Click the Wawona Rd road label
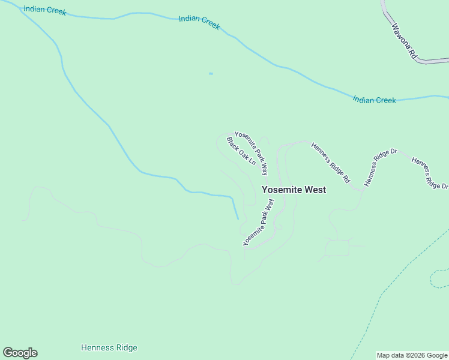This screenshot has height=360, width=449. [x=404, y=40]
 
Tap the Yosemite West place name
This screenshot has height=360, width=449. [x=294, y=190]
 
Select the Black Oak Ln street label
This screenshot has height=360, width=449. [x=241, y=151]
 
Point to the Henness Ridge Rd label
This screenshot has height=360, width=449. [x=331, y=162]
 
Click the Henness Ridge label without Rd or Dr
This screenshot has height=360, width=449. [x=109, y=348]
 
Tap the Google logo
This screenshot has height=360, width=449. [x=20, y=353]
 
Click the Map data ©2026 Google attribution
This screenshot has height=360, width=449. [x=412, y=355]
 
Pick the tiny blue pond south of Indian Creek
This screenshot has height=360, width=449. [x=211, y=74]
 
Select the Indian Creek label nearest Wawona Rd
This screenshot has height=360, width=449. [x=375, y=100]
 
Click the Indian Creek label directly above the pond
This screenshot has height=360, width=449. [x=199, y=22]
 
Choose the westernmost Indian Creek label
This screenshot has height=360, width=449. [x=45, y=11]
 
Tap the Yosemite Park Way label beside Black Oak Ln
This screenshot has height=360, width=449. [x=251, y=153]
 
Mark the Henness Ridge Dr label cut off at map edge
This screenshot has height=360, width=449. [x=430, y=172]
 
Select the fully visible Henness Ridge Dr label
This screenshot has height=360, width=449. [x=381, y=167]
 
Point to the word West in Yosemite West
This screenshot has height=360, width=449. [x=316, y=190]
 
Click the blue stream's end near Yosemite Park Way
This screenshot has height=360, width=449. [x=238, y=218]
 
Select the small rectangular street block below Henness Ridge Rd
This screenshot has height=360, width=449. [x=337, y=248]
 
